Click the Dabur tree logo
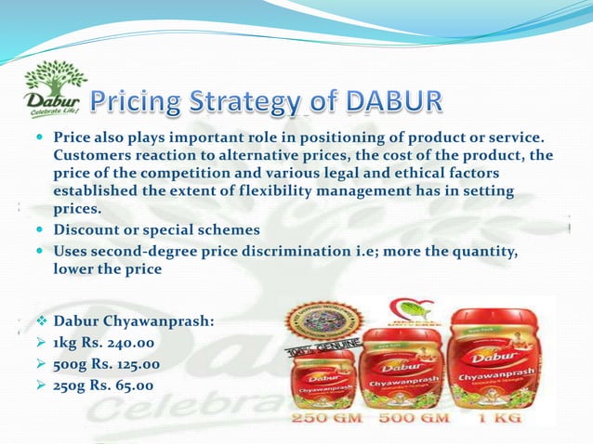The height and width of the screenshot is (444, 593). tap(53, 88)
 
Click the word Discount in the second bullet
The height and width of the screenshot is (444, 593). tap(87, 229)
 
